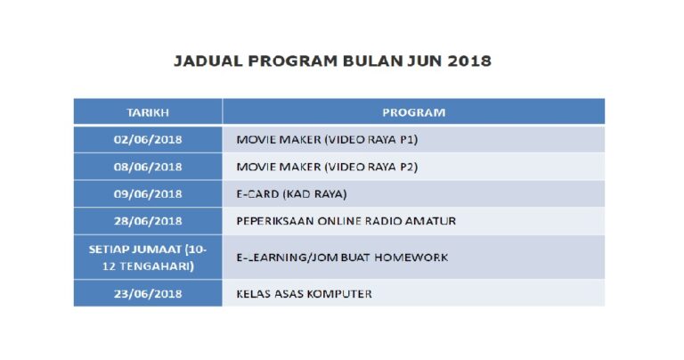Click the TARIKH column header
coord(148,112)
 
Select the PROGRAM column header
coord(413,112)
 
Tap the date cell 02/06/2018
coord(148,140)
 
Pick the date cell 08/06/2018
coord(148,167)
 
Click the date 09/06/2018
coord(148,194)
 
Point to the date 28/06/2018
coord(148,221)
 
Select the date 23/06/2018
coord(148,293)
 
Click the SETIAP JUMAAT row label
coord(148,258)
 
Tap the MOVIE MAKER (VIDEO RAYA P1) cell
coord(327,140)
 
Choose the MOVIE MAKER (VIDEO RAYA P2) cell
coord(327,167)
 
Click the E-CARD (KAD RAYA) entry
coord(291,194)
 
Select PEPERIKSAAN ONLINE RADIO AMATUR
coord(346,221)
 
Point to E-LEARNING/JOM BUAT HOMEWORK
coord(342,258)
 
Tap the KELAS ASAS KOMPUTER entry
coord(304,293)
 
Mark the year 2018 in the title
coord(469,62)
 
